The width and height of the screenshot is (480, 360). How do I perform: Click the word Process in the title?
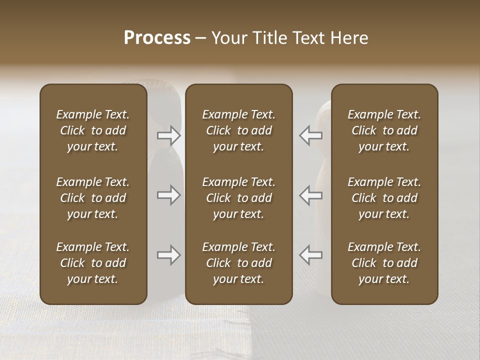157,38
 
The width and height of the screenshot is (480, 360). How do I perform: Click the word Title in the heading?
268,38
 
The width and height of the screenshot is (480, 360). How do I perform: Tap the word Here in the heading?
348,38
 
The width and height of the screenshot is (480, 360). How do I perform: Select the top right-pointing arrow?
168,135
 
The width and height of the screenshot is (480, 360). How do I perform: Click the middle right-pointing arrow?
168,195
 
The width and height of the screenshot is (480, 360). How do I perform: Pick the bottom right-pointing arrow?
168,255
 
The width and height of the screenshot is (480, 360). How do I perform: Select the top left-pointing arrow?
310,135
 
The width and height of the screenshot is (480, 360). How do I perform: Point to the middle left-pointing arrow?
310,195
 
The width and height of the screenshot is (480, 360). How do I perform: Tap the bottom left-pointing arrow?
310,255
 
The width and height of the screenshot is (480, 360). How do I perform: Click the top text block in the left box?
93,130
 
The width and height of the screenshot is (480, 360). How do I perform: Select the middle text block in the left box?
93,198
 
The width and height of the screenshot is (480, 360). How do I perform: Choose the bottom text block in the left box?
93,263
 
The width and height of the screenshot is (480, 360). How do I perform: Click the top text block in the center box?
238,130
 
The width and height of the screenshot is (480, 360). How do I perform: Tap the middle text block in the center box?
238,198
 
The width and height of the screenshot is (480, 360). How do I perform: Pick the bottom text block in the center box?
238,263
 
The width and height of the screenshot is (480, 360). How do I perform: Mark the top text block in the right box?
384,130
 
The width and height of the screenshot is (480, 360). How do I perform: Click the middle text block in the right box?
384,198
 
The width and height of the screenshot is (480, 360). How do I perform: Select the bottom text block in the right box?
384,263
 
